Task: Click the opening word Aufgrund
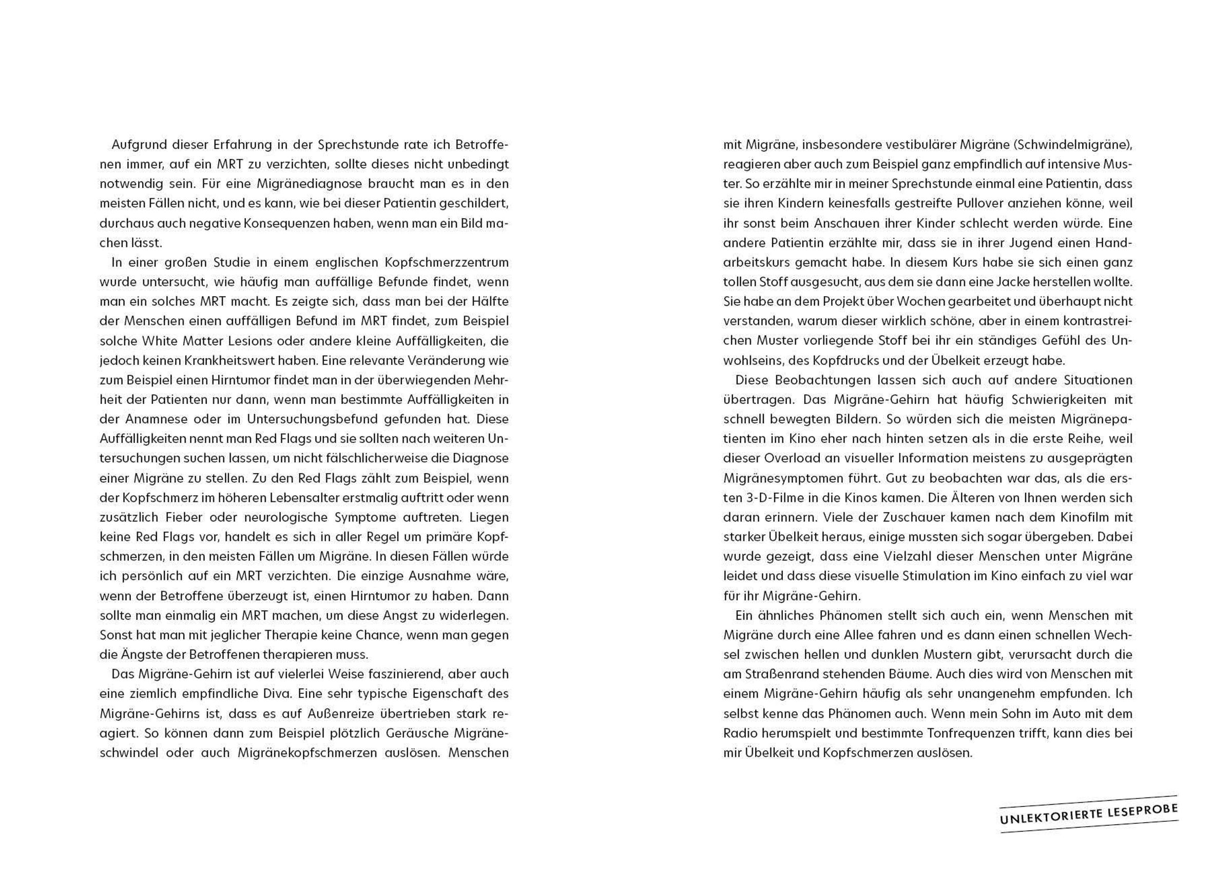pos(136,145)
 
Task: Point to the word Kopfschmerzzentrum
pos(446,263)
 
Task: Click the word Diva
pos(277,694)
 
